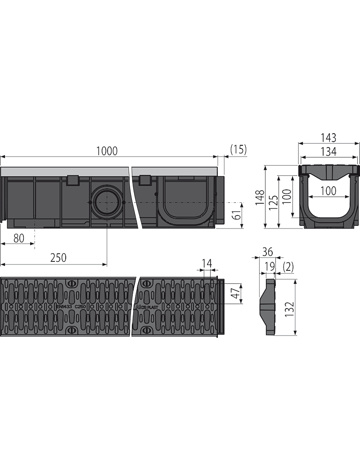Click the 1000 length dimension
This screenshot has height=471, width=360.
pyautogui.click(x=107, y=151)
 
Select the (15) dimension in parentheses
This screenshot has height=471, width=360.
pyautogui.click(x=238, y=149)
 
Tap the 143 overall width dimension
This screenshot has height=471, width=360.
pyautogui.click(x=328, y=138)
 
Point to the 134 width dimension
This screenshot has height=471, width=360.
pyautogui.click(x=328, y=152)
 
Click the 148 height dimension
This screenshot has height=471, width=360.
pyautogui.click(x=260, y=197)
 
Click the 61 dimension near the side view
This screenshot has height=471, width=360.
pyautogui.click(x=238, y=215)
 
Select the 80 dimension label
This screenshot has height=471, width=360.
pyautogui.click(x=18, y=238)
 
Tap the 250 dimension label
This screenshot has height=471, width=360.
pyautogui.click(x=58, y=257)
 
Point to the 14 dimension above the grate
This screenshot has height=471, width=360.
pyautogui.click(x=207, y=263)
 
